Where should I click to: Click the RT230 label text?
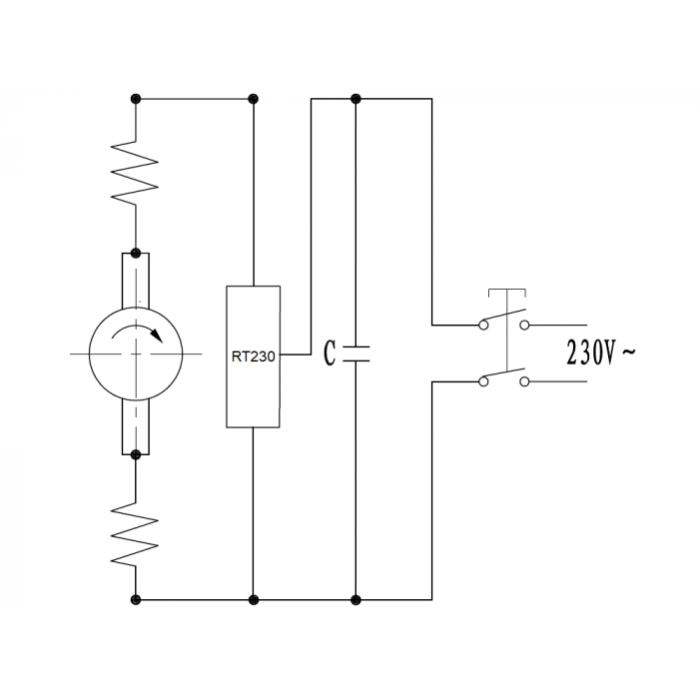(x=254, y=356)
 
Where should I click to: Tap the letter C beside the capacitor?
(x=330, y=353)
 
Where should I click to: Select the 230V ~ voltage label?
(x=600, y=352)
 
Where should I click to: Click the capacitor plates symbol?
(x=355, y=353)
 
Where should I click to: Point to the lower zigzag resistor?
(x=135, y=534)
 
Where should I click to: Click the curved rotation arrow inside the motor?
(x=137, y=333)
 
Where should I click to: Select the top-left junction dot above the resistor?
(x=136, y=99)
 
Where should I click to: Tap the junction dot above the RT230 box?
(x=254, y=99)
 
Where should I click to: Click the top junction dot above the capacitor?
(x=355, y=99)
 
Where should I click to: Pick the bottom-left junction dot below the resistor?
(x=136, y=600)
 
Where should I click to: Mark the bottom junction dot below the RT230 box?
(x=254, y=600)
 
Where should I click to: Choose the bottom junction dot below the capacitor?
(x=355, y=600)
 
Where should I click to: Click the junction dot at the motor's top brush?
(x=136, y=254)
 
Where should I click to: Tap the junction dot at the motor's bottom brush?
(x=136, y=454)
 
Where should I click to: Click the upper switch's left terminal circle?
(x=483, y=325)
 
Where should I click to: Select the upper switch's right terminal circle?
(x=524, y=325)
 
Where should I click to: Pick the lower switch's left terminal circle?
(x=483, y=381)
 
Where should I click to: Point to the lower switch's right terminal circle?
(x=524, y=381)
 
